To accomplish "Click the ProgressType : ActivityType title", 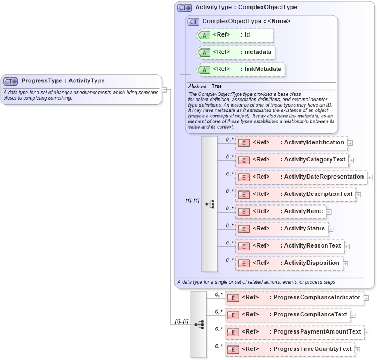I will tap(63, 81).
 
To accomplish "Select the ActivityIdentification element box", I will tap(291, 143).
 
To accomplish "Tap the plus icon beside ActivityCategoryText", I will tap(351, 160).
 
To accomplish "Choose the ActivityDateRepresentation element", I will tap(301, 177).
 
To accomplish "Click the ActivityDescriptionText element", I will tap(295, 194).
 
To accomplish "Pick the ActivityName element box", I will tap(281, 211).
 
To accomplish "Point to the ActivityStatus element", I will tap(282, 229).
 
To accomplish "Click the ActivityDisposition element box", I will tap(289, 263).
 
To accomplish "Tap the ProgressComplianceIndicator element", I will tap(294, 298).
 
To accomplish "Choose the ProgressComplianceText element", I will tap(287, 315).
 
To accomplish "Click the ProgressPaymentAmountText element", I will tap(294, 332).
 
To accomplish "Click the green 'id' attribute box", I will tap(235, 35).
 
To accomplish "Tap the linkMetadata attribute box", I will tap(240, 69).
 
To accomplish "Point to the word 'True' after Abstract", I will tap(217, 86).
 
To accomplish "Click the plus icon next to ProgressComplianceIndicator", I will tap(366, 298).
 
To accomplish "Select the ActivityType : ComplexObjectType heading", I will tap(246, 8).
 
